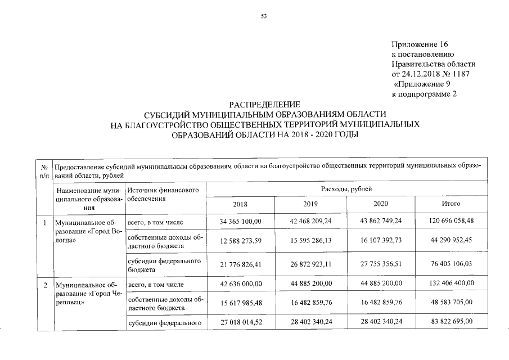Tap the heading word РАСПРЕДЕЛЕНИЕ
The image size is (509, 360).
click(264, 105)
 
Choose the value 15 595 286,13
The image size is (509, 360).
click(310, 241)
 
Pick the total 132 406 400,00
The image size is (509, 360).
click(451, 284)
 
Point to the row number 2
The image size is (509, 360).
click(44, 285)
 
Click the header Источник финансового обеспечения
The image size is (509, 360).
click(163, 195)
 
